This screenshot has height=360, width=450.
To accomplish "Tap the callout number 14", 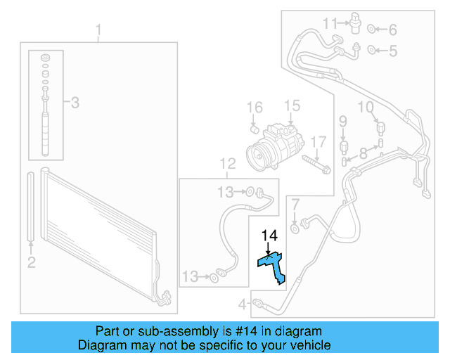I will point(271,236).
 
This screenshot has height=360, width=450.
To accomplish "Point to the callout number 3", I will point(75,103).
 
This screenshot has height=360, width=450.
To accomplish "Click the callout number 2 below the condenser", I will point(31,263).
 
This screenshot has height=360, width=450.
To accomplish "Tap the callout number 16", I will point(255,108).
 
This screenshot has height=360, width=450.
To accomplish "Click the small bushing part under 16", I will point(257,129).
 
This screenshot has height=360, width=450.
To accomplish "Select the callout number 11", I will point(330,24).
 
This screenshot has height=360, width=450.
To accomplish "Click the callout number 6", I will point(392,30).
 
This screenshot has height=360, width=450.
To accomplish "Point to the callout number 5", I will point(392,50).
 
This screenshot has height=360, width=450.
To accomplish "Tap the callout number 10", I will point(366,107).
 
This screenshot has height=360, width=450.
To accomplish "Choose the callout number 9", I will point(343,123).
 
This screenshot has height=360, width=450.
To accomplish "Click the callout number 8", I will point(363,153).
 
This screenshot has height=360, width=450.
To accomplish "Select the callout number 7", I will point(295,205).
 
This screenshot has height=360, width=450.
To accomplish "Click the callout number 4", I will point(242,304).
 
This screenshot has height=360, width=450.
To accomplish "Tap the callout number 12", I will point(227,164).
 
